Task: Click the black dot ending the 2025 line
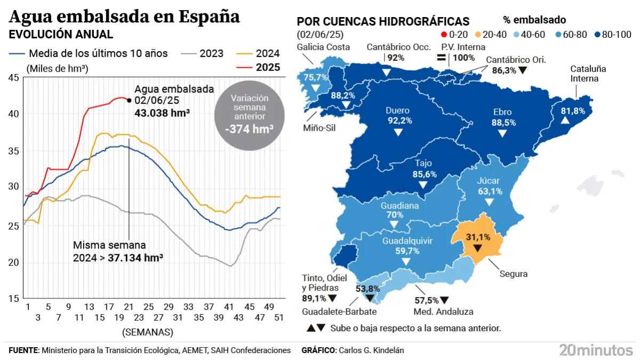130,99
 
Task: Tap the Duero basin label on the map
397,111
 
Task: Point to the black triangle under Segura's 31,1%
477,248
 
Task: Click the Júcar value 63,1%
490,191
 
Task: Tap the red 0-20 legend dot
444,35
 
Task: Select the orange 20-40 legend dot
477,35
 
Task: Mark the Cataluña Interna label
588,74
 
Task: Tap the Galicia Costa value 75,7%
315,77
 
